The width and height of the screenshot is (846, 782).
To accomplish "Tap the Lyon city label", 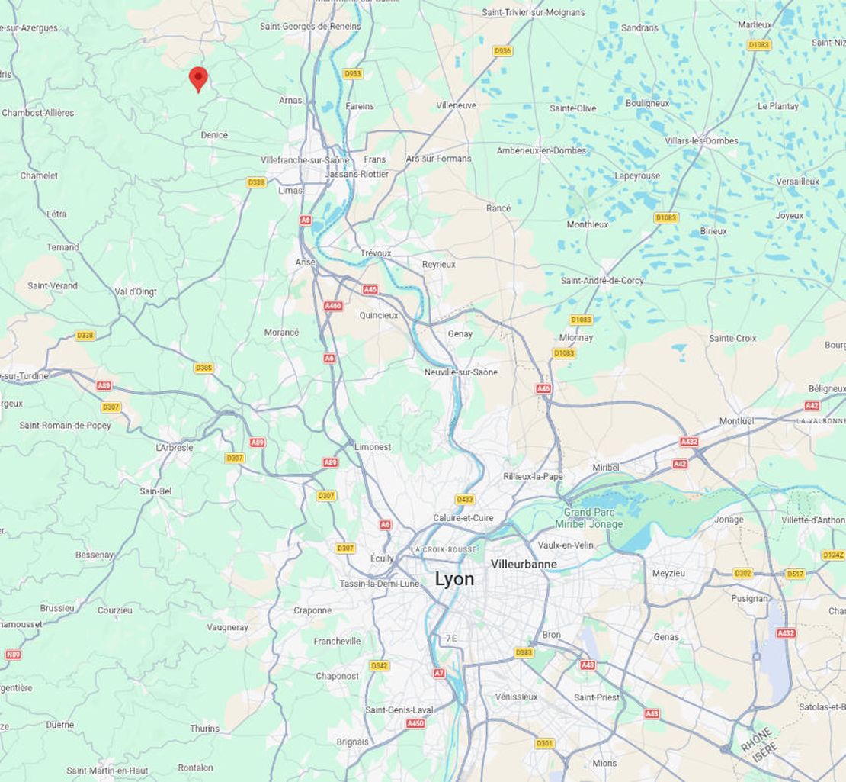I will pyautogui.click(x=454, y=579).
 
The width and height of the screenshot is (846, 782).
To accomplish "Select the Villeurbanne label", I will pyautogui.click(x=524, y=565).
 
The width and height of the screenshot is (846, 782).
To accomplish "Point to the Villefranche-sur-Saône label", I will pyautogui.click(x=305, y=160).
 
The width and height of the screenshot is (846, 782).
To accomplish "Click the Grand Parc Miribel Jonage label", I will pyautogui.click(x=594, y=518).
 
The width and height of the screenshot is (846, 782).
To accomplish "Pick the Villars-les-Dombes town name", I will pyautogui.click(x=701, y=141).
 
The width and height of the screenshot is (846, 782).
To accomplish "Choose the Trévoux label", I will pyautogui.click(x=376, y=253).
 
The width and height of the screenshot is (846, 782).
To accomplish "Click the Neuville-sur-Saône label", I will pyautogui.click(x=461, y=372).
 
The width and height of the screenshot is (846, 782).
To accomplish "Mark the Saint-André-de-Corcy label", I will pyautogui.click(x=602, y=281).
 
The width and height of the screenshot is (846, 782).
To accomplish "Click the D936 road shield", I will pyautogui.click(x=502, y=51).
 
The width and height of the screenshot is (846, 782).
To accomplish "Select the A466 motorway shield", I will pyautogui.click(x=333, y=306).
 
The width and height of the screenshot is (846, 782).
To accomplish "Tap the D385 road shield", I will pyautogui.click(x=203, y=368).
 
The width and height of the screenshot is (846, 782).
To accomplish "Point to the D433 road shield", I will pyautogui.click(x=465, y=499).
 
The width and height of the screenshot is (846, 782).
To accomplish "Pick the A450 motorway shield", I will pyautogui.click(x=415, y=723).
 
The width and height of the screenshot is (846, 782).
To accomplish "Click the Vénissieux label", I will pyautogui.click(x=516, y=697).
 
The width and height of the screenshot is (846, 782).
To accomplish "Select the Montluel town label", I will pyautogui.click(x=736, y=421).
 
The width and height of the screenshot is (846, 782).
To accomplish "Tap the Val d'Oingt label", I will pyautogui.click(x=136, y=291).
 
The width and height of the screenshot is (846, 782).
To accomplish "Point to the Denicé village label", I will pyautogui.click(x=214, y=135).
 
